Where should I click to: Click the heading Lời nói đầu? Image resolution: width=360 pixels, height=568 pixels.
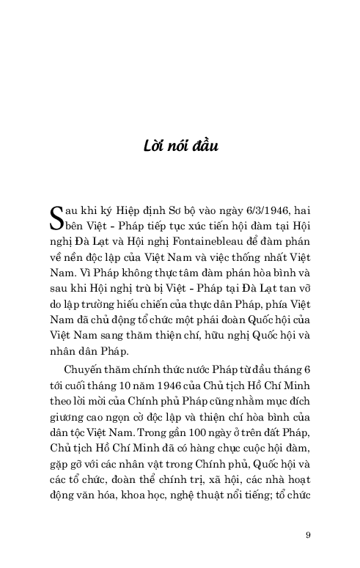180,146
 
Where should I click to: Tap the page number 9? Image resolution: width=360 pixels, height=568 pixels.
308,534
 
